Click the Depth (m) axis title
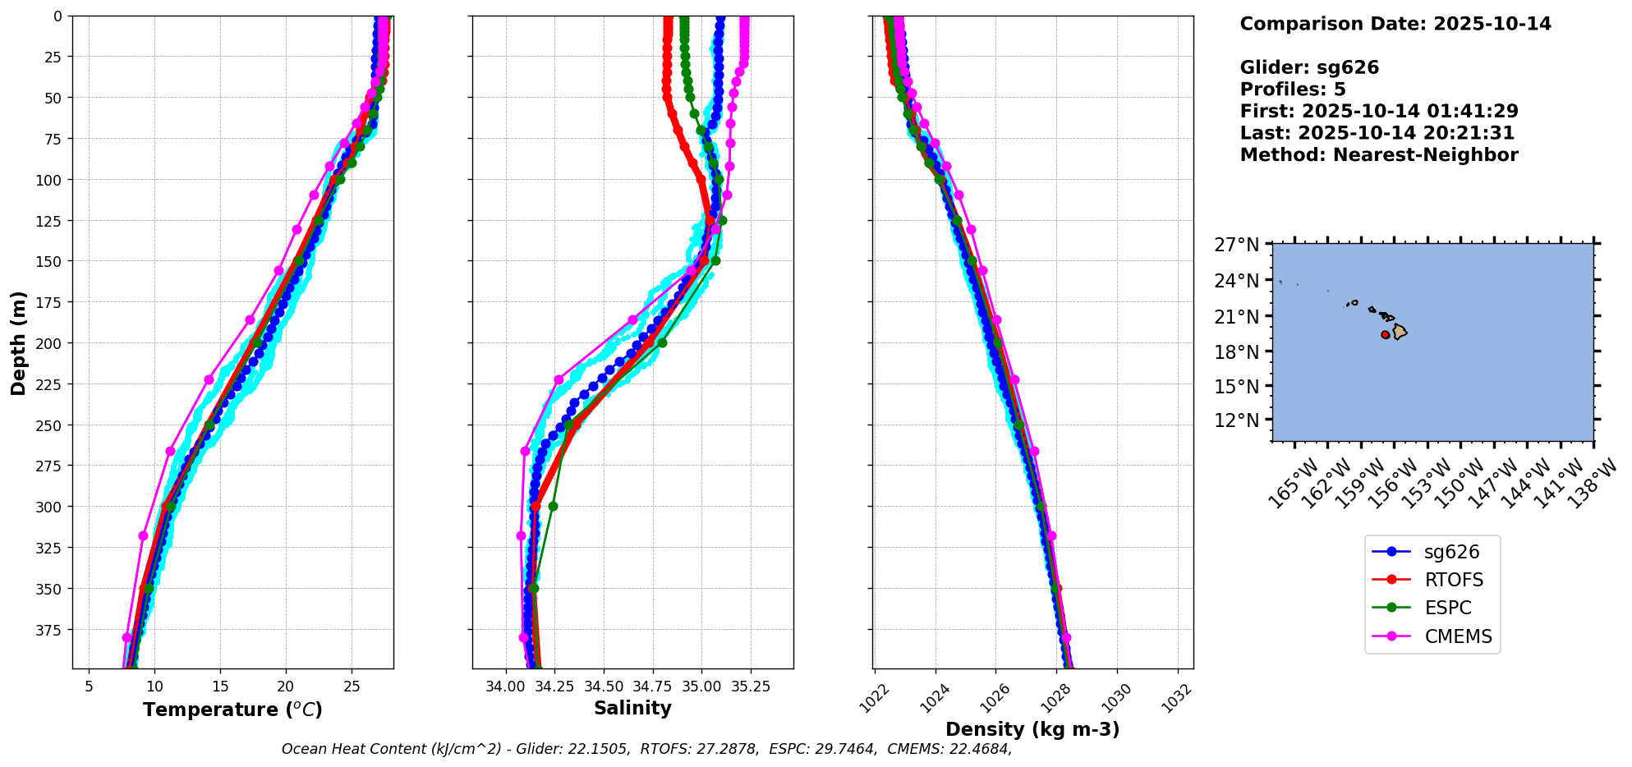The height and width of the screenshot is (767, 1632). pos(18,342)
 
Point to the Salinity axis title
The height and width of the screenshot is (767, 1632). pos(632,709)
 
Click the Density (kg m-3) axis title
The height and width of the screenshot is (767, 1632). pos(1032,729)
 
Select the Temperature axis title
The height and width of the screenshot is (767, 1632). pos(232,710)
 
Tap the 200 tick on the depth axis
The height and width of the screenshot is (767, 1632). pos(51,343)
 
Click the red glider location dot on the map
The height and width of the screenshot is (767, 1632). pos(1386,334)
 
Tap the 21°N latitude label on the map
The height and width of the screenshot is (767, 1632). pos(1237,316)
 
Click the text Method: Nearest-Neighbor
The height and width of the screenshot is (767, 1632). pos(1379,155)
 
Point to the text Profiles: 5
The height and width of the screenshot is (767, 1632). pos(1293,90)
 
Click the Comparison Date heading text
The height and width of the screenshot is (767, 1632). pos(1395,24)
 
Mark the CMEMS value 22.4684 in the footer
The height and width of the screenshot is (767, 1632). pos(979,749)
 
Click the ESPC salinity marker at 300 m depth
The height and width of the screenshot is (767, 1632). pos(553,506)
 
